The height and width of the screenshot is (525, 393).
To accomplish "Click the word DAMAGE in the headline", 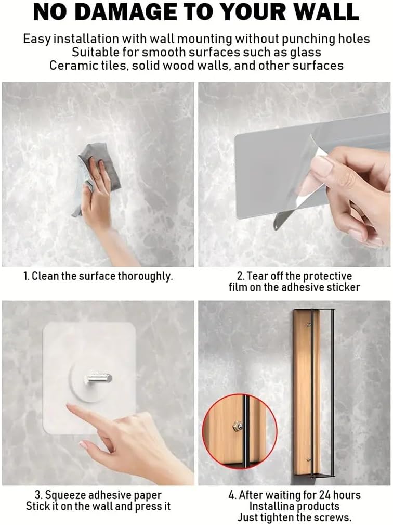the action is pos(126,12).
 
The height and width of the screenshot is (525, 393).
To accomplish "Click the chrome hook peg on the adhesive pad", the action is pos(98,378).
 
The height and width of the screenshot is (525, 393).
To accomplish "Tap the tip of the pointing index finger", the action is pos(68,406).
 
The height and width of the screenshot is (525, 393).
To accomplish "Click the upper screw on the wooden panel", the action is pos(309,325).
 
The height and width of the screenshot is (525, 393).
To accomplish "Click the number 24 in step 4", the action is pos(324,495).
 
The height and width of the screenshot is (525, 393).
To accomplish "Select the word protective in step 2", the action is pos(326,277).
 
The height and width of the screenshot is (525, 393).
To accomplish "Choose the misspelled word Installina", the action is pos(272,506).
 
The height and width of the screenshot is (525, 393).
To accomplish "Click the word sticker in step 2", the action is pos(342,287).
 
